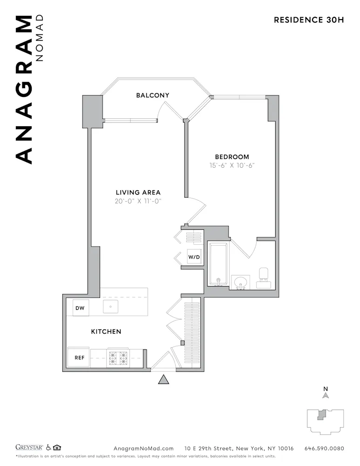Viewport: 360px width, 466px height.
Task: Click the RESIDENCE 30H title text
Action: point(309,20)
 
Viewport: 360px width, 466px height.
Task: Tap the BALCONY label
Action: point(152,95)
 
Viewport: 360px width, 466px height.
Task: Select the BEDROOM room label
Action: point(231,157)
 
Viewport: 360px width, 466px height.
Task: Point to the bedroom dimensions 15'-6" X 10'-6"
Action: point(231,165)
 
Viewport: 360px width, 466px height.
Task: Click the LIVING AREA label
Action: point(138,192)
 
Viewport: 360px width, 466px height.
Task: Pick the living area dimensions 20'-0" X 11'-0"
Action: point(138,201)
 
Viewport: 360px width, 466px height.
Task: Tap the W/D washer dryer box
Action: point(194,257)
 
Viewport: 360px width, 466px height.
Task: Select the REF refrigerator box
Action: point(79,358)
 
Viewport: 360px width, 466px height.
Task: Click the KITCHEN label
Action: point(106,331)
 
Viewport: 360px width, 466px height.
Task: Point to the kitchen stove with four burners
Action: point(118,358)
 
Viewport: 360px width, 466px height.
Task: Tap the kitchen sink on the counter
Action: point(110,307)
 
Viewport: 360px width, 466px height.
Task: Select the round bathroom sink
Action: point(241,282)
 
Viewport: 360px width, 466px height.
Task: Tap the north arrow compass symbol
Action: point(326,394)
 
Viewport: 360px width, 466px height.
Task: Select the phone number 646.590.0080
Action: point(324,448)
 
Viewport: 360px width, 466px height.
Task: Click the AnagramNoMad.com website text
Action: point(143,448)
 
